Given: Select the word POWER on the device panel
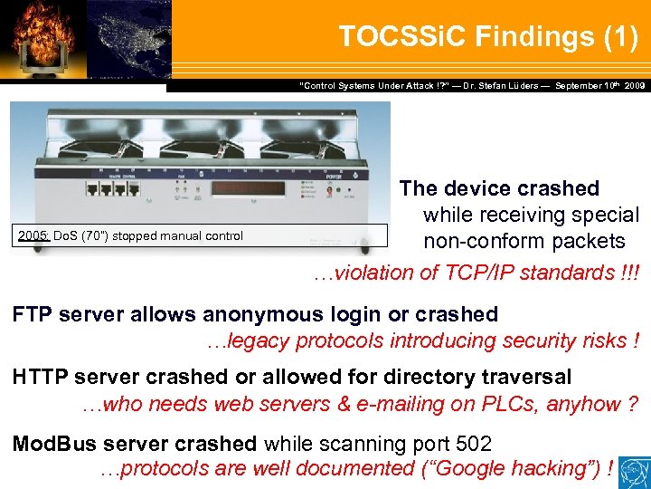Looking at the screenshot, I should tap(355, 178).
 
